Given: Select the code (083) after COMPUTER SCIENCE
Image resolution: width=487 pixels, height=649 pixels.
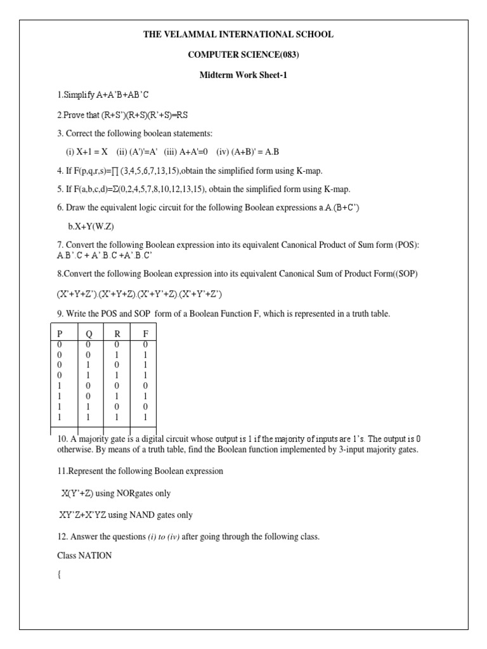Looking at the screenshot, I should (x=285, y=55).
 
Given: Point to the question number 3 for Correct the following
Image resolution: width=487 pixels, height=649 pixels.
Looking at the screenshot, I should (x=59, y=135).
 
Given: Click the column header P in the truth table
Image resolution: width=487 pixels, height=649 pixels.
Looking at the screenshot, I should (x=60, y=335).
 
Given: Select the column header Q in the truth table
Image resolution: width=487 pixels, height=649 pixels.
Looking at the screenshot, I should (x=88, y=335).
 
